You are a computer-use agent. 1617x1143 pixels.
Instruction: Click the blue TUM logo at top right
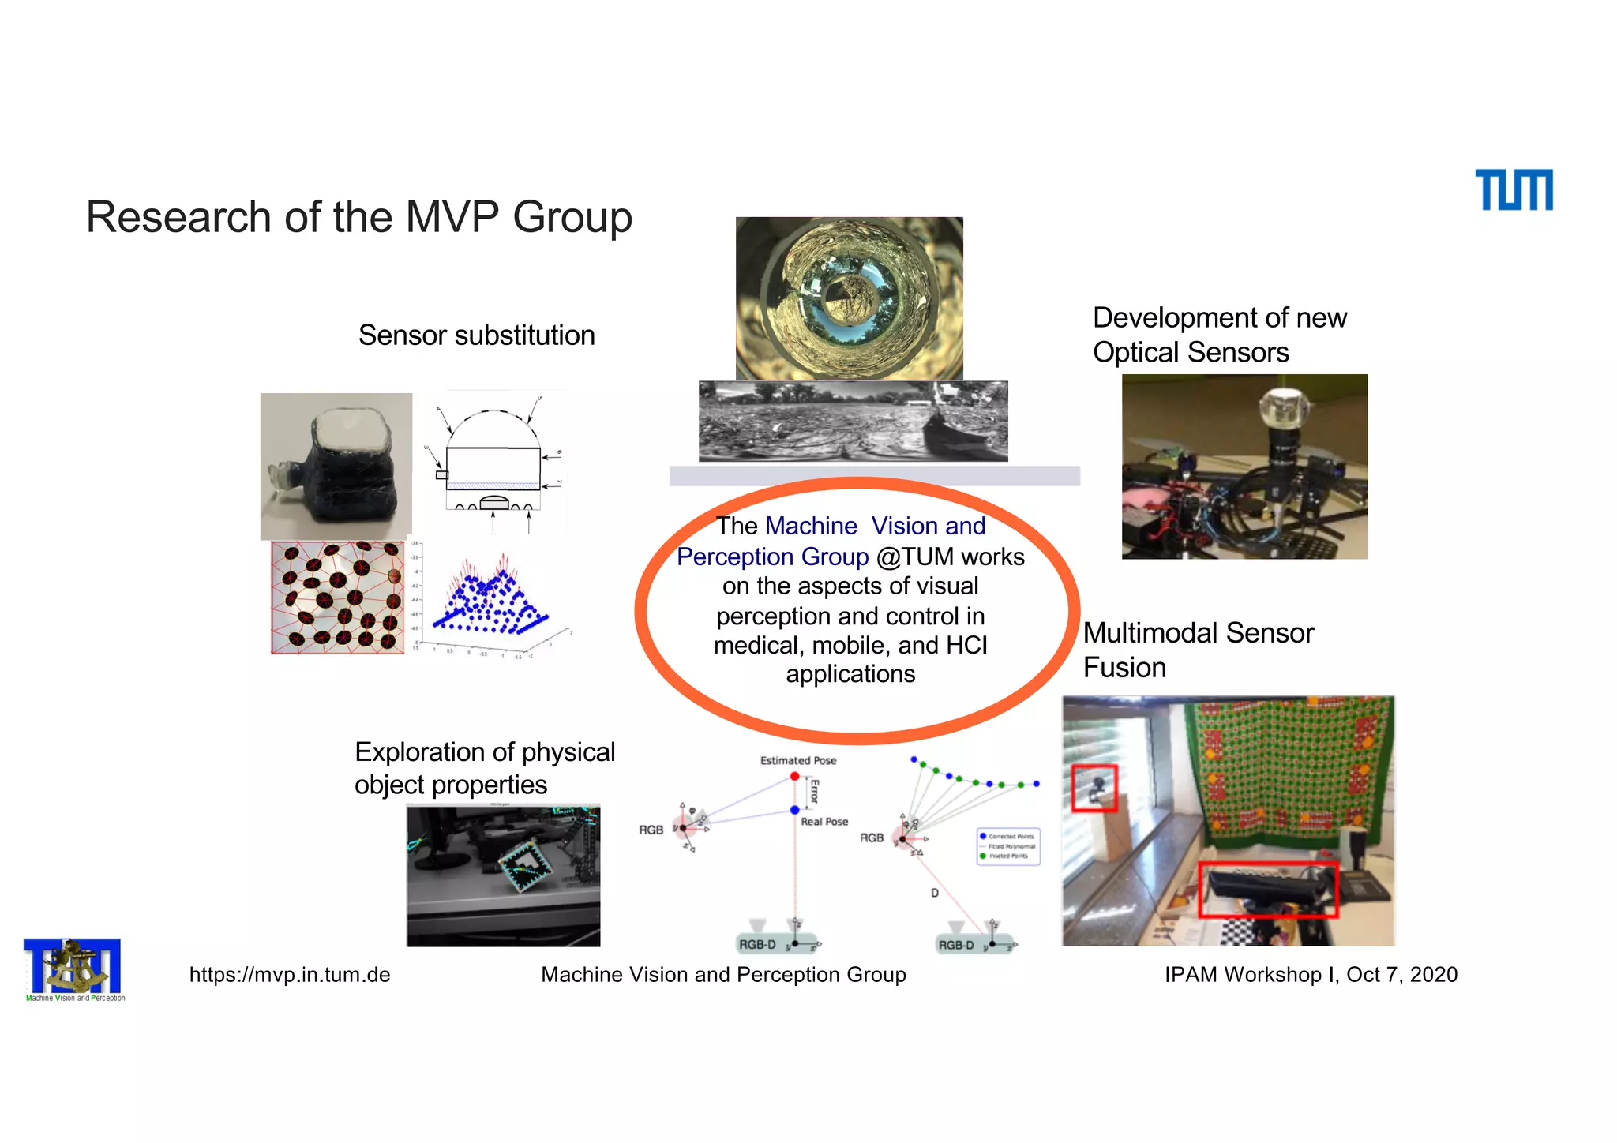click(1514, 190)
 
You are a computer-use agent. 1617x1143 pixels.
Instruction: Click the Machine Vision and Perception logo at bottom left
click(73, 968)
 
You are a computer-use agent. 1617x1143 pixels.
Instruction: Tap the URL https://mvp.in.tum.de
click(290, 975)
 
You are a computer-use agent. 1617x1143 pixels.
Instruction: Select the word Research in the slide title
click(178, 217)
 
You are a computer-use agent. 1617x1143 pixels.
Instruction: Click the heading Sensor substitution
click(476, 335)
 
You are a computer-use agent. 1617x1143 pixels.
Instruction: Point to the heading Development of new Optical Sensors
click(1219, 335)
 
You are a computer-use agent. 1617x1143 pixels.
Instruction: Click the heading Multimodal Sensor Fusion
click(1197, 650)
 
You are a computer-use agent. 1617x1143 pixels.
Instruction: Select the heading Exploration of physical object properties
click(484, 768)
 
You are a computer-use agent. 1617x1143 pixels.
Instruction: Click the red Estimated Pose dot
click(794, 777)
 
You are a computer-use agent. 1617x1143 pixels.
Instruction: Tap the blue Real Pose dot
click(794, 810)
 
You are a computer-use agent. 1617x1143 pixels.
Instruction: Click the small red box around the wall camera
click(1094, 788)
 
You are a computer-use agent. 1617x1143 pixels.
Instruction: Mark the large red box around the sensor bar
click(1268, 890)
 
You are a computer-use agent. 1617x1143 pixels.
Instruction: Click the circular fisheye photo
click(849, 298)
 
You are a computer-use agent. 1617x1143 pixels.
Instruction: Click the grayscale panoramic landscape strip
click(853, 422)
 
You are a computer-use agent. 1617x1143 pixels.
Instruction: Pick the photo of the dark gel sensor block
click(336, 466)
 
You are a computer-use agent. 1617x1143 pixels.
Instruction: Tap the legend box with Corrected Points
click(1008, 846)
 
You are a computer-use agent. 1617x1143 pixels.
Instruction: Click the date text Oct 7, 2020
click(1401, 975)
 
